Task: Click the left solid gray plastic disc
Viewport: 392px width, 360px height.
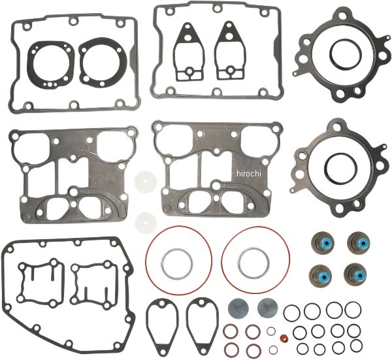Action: [238, 306]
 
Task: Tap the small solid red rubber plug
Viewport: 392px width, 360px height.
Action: [284, 338]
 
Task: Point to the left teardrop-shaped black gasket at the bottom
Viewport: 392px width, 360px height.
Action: [160, 322]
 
